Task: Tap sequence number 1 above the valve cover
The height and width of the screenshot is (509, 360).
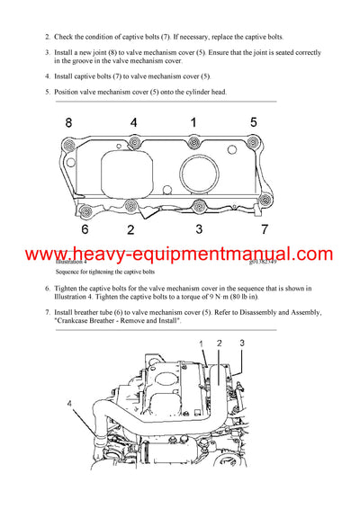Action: (192, 121)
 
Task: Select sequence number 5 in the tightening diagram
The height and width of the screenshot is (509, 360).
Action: (254, 121)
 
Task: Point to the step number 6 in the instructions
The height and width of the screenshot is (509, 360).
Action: (47, 289)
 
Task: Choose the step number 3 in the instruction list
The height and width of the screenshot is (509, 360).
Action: (47, 53)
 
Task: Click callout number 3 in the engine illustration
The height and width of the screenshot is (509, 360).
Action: (241, 344)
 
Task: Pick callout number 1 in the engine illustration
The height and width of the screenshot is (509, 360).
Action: (203, 344)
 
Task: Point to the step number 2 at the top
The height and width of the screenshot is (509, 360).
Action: (47, 37)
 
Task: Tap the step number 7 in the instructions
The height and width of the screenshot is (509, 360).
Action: (47, 312)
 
